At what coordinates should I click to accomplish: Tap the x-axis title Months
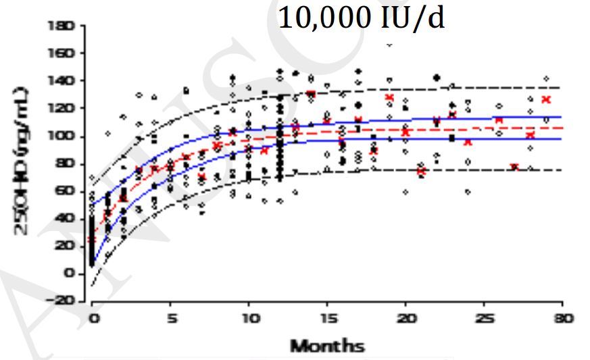point(327,347)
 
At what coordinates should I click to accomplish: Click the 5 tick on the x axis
point(170,318)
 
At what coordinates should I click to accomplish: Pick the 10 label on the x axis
point(249,318)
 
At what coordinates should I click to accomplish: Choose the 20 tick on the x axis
point(405,318)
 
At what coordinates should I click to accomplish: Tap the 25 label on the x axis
point(484,318)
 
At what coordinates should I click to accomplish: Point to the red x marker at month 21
point(421,171)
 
